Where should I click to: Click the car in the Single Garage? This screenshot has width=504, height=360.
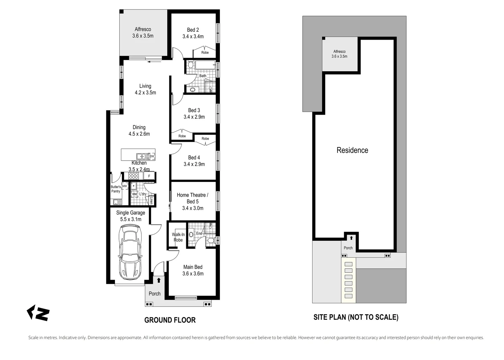click(130, 252)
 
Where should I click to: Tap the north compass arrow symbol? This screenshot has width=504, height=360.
click(38, 313)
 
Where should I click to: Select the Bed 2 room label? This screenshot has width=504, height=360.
click(193, 30)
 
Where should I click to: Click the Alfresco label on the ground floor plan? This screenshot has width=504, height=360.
click(143, 29)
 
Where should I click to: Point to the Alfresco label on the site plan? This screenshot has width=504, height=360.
click(339, 51)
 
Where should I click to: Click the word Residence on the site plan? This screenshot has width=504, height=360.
click(352, 150)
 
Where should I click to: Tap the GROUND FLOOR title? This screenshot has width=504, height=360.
click(170, 320)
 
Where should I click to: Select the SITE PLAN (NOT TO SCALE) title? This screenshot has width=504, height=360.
click(356, 317)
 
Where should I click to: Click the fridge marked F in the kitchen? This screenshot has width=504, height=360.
click(149, 176)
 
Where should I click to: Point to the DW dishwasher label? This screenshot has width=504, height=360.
click(152, 156)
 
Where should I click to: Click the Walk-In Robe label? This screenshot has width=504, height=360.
click(178, 237)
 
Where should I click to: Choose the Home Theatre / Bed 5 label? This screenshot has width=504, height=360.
click(193, 198)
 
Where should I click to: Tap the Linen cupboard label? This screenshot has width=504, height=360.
click(151, 200)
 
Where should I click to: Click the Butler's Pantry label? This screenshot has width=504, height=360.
click(116, 189)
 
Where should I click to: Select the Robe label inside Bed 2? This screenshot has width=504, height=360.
click(205, 53)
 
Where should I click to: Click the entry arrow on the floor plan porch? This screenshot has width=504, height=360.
click(159, 280)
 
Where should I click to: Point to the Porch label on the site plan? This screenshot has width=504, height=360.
click(348, 248)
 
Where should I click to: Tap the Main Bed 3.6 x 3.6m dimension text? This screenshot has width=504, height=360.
click(193, 274)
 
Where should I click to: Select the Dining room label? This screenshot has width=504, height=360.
click(139, 127)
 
